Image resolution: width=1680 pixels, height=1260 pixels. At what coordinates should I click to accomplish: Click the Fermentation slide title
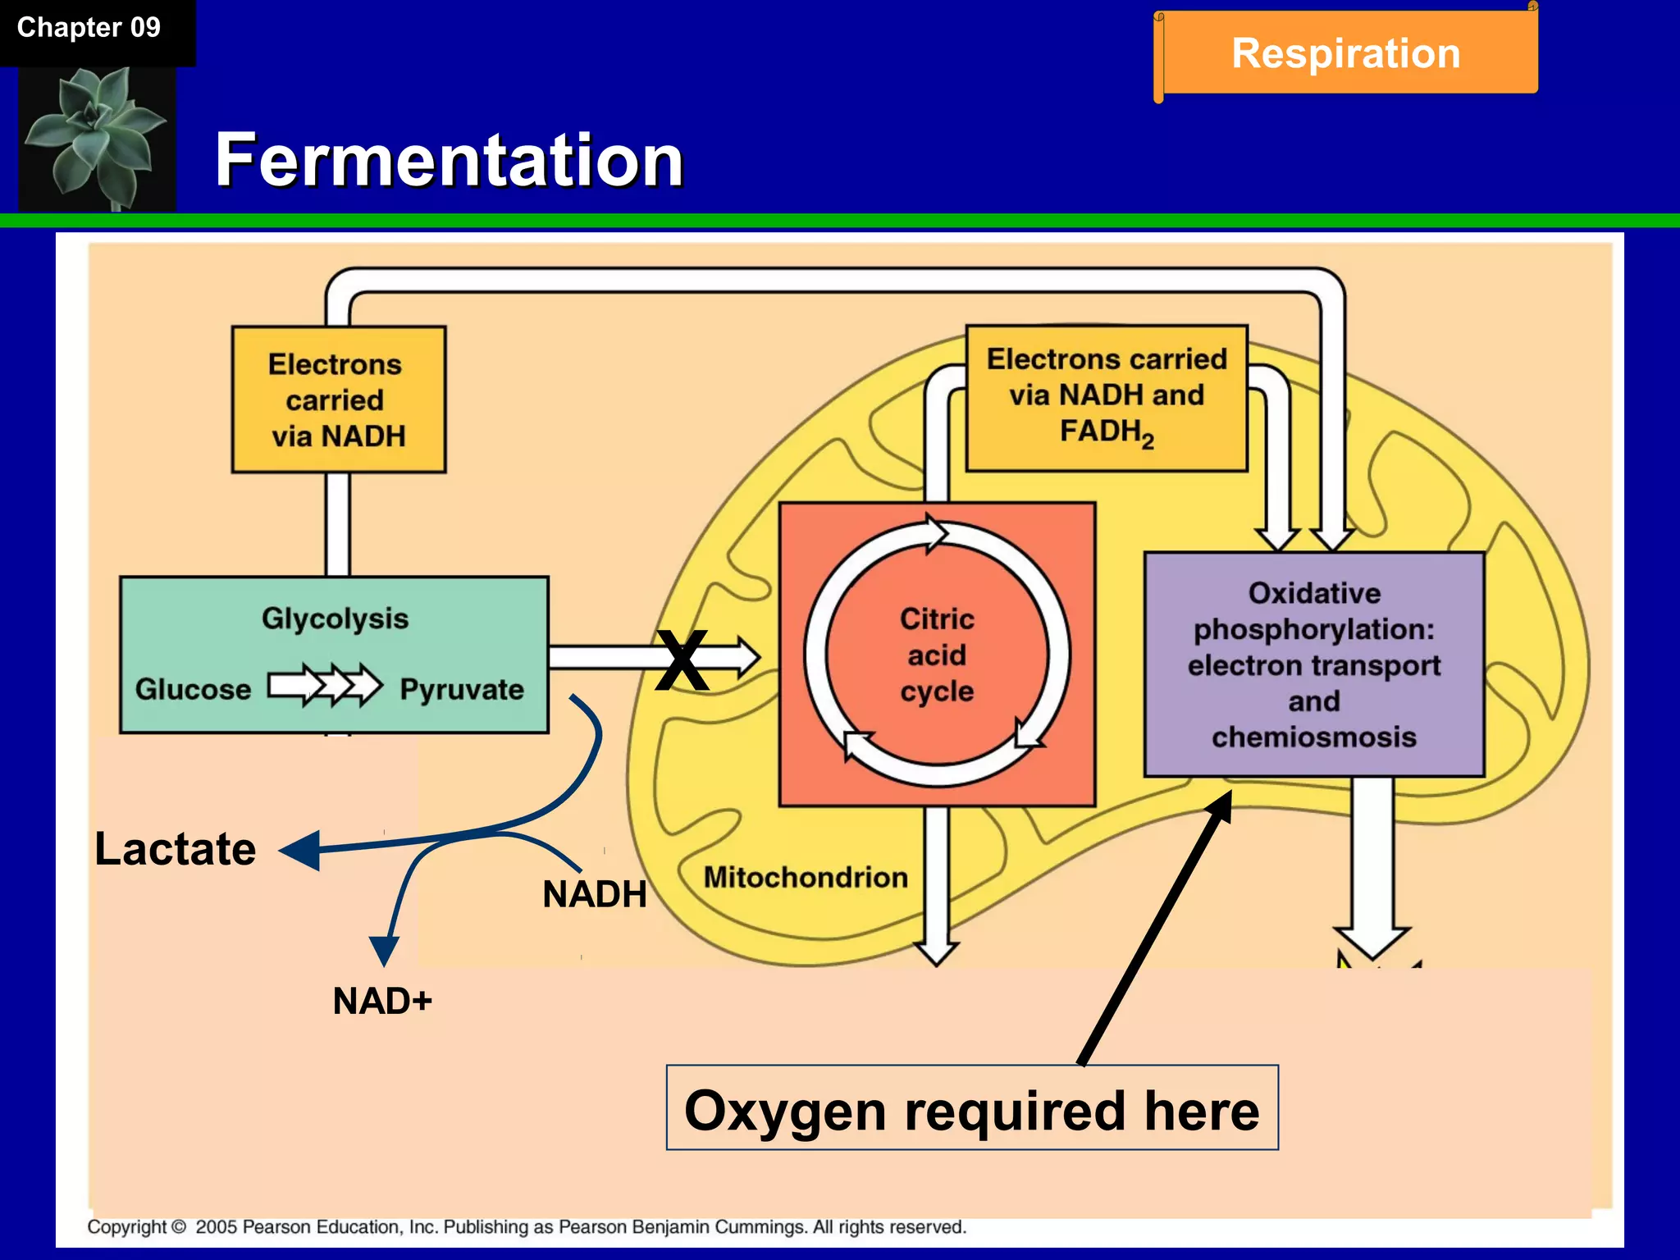pos(449,160)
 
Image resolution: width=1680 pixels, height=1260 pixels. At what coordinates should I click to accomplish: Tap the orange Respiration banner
pos(1346,53)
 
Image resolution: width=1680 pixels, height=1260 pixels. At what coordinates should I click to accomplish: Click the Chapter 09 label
pos(89,28)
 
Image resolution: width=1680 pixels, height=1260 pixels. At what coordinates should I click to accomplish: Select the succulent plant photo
pos(97,138)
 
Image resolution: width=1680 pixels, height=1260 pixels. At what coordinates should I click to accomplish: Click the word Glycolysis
pos(335,619)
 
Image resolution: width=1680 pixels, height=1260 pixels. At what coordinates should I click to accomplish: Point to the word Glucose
pos(193,689)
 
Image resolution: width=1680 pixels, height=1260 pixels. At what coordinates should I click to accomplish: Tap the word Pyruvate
pos(462,689)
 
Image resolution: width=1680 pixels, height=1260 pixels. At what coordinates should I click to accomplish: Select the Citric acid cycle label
pos(937,655)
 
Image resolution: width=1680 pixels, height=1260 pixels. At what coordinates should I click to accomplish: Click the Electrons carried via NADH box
pos(338,399)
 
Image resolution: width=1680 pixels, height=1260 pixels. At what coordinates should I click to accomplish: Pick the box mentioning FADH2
pos(1107,398)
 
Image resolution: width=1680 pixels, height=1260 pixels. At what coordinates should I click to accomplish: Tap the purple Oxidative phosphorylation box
pos(1314,664)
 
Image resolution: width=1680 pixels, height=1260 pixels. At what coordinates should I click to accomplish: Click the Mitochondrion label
pos(806,877)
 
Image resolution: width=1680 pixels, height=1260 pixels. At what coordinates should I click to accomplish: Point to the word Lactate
pos(175,848)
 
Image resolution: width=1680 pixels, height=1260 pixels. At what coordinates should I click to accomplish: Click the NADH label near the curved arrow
pos(595,893)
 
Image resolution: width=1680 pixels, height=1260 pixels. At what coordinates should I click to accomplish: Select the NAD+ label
pos(382,1001)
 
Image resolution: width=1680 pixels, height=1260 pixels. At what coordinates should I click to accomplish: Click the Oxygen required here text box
pos(972,1108)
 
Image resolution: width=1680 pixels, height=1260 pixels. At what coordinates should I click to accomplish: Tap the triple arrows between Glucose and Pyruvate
pos(325,685)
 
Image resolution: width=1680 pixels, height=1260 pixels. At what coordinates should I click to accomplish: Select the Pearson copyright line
pos(527,1227)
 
